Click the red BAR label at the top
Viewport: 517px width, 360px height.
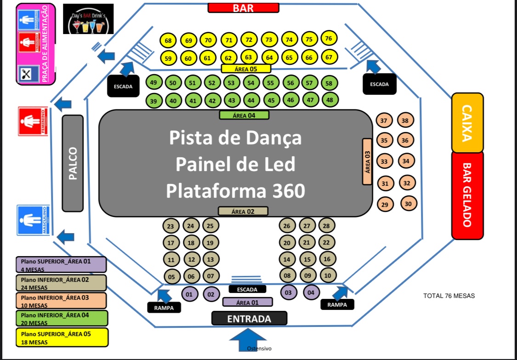pos(243,8)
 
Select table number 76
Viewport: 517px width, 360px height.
pos(329,39)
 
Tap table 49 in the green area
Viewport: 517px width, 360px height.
pos(153,83)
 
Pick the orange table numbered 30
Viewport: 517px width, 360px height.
pos(408,203)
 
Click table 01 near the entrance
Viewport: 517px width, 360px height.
pos(189,293)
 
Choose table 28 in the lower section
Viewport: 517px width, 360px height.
pos(326,226)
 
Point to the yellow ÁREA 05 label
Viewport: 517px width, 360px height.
pos(245,69)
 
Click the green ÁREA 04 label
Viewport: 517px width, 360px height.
pos(244,115)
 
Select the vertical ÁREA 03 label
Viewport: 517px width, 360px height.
pos(367,161)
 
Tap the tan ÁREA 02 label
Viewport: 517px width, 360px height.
pos(243,211)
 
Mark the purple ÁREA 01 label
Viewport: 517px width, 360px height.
pos(247,303)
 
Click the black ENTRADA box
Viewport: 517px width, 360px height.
pos(249,318)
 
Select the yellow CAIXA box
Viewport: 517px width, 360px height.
pos(467,123)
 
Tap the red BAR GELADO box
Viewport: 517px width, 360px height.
pos(467,195)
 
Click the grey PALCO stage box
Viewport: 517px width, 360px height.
pos(73,163)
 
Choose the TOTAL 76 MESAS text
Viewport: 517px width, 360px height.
pos(449,296)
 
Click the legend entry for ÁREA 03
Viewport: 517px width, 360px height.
pos(61,300)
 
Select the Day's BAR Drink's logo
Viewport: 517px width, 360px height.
pos(88,19)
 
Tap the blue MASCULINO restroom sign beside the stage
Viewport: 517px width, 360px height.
pos(34,220)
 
